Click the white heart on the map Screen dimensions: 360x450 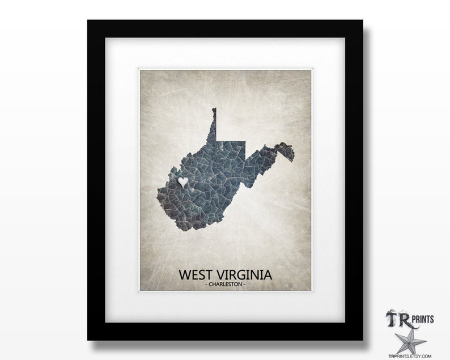coord(183,182)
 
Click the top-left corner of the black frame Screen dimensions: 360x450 coord(88,21)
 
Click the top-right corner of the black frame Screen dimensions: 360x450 coord(362,21)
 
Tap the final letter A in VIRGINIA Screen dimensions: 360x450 coord(269,274)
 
